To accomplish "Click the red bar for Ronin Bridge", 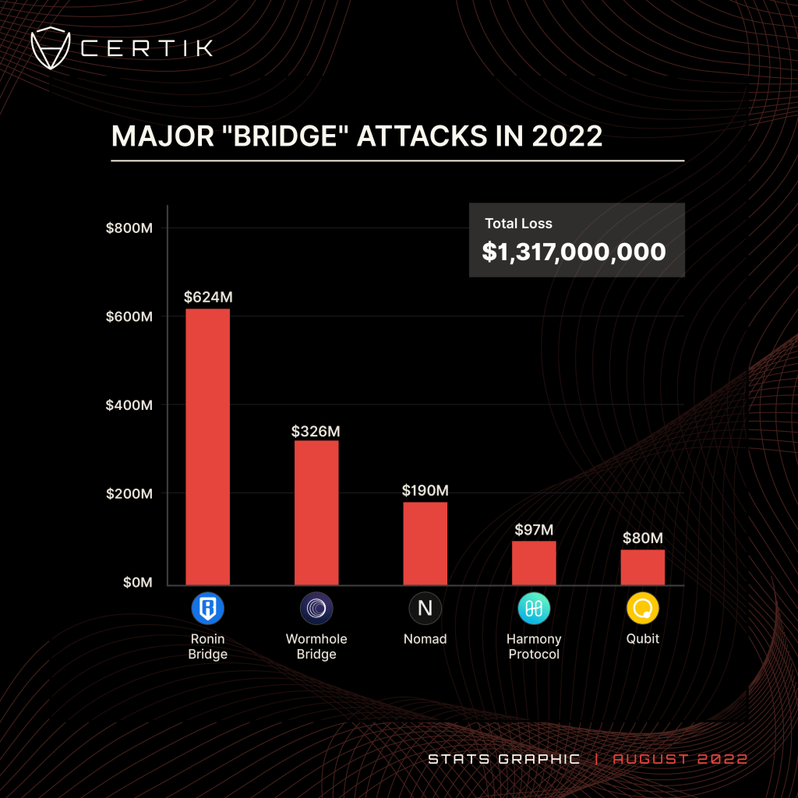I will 207,447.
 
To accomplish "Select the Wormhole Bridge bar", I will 316,512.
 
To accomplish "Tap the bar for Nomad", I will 425,543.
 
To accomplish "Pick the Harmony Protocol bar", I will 534,563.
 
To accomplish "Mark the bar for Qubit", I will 643,567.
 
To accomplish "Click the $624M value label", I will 208,297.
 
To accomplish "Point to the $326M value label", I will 316,431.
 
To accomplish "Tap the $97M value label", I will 535,530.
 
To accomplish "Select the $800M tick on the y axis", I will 129,228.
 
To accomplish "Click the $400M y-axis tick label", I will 129,405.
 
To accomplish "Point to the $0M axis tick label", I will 138,583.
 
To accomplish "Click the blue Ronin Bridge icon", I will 207,609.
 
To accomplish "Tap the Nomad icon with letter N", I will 425,609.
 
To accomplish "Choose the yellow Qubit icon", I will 643,609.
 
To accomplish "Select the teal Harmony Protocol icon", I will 534,609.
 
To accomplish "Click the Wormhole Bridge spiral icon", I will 316,609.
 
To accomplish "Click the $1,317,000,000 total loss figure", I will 574,252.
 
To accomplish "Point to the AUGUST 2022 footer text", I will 680,758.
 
